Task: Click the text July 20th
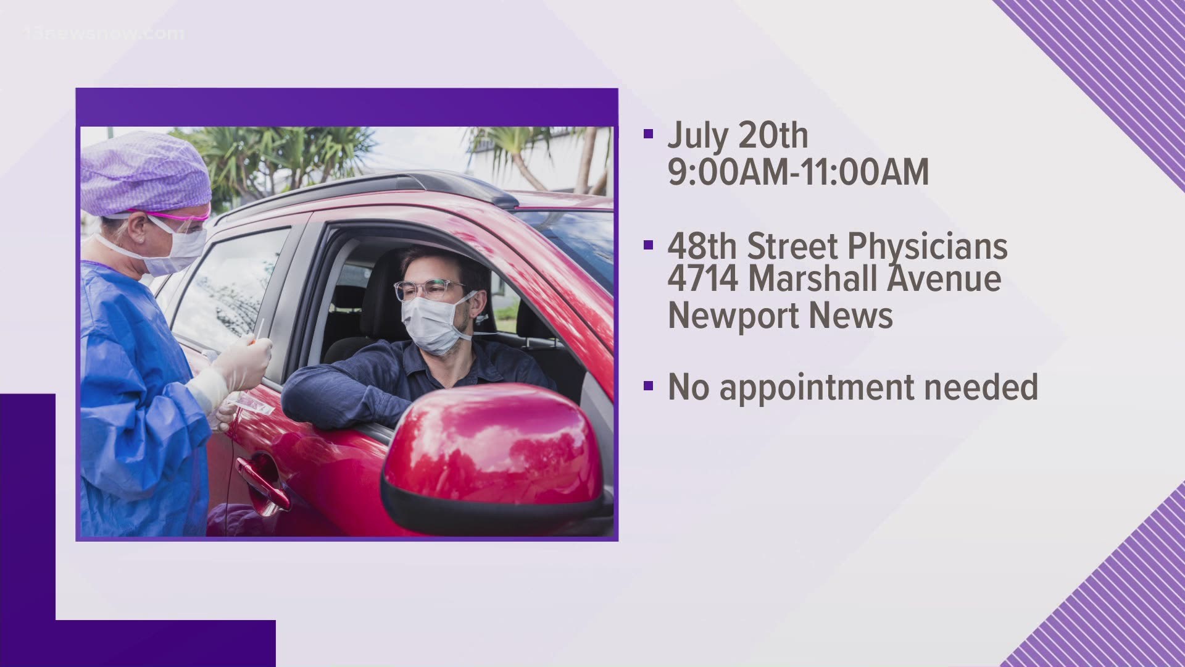[738, 135]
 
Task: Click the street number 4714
[703, 279]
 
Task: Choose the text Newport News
[781, 316]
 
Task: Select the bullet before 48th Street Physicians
[647, 245]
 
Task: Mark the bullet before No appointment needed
[647, 386]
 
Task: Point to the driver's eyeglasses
[429, 290]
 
